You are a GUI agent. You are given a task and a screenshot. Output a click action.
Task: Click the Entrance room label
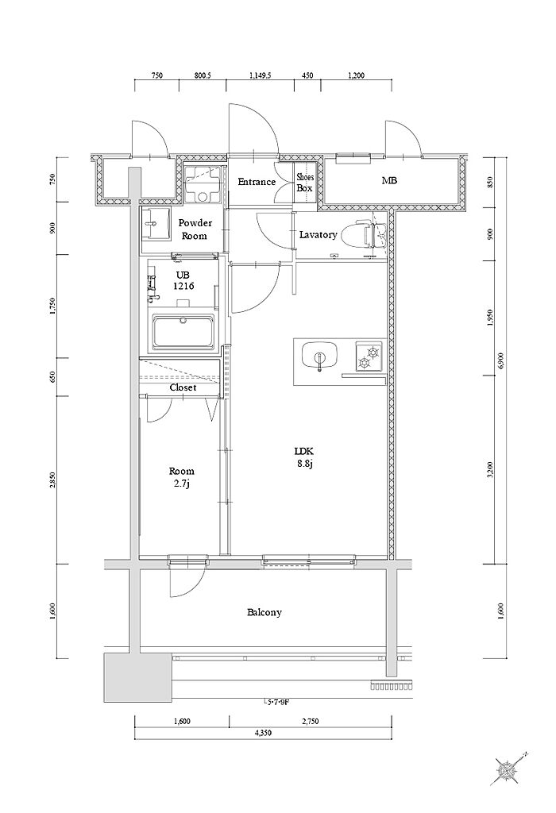click(257, 182)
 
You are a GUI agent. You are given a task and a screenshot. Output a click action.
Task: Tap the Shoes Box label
click(305, 183)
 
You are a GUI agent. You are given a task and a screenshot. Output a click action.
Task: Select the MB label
click(389, 181)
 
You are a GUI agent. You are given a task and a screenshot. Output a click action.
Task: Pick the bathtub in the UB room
click(183, 331)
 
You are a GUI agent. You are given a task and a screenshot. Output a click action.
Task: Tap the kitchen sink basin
click(320, 356)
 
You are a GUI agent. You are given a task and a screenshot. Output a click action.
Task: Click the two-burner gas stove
click(369, 356)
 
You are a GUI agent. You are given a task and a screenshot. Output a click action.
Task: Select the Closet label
click(183, 387)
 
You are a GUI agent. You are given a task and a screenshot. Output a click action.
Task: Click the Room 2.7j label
click(182, 477)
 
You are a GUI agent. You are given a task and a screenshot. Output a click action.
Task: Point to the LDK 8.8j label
click(304, 457)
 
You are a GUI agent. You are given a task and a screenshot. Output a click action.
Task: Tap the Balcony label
click(264, 612)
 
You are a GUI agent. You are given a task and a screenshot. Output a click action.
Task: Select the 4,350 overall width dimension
click(263, 733)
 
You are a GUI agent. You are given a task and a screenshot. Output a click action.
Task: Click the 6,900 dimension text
click(500, 360)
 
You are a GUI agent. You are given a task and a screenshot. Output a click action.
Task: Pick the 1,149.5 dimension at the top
click(261, 75)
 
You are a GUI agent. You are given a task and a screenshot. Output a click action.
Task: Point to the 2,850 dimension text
click(52, 480)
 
